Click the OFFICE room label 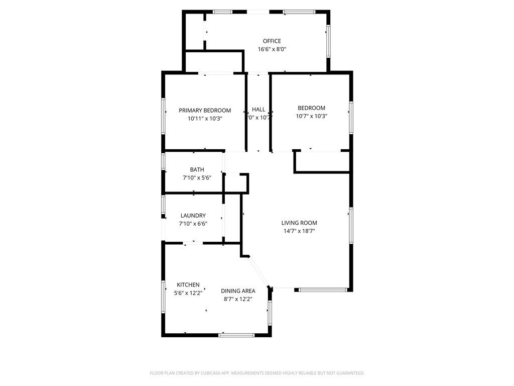[x=272, y=41]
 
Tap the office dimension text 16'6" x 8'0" [x=272, y=49]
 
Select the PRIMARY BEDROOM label [x=205, y=111]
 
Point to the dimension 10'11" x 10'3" [x=205, y=119]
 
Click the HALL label [x=259, y=110]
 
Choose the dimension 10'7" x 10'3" [x=311, y=116]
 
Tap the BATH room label [x=197, y=170]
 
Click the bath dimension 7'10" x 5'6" [x=197, y=178]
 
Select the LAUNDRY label [x=193, y=216]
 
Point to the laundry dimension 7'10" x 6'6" [x=193, y=224]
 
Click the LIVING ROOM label [x=299, y=223]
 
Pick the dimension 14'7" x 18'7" [x=299, y=231]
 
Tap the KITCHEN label [x=188, y=285]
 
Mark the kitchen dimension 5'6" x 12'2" [x=188, y=293]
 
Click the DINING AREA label [x=238, y=291]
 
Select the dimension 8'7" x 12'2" [x=238, y=299]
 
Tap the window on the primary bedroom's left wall [x=164, y=115]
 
